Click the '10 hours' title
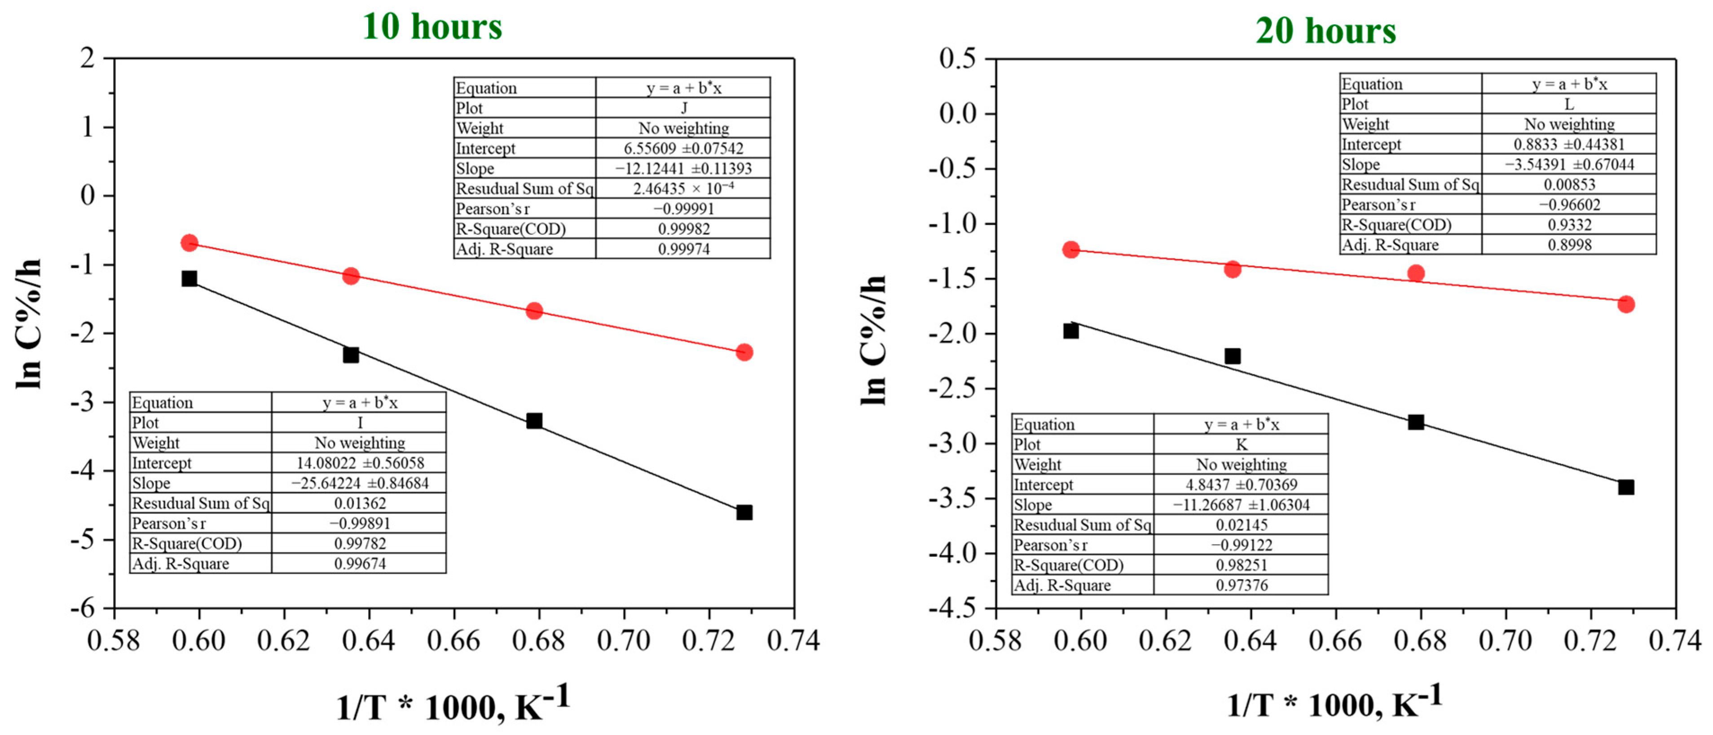point(432,26)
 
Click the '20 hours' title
point(1325,31)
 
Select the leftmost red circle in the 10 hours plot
point(189,243)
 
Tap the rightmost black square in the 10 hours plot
point(744,512)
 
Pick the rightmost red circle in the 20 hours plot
point(1626,305)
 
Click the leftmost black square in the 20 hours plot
point(1070,330)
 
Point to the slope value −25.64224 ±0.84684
point(360,483)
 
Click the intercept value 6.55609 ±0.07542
point(683,148)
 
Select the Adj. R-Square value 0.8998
point(1569,245)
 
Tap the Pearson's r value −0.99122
point(1241,545)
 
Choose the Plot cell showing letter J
point(683,108)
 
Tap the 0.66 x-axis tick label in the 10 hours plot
point(453,641)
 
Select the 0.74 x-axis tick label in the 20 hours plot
point(1674,641)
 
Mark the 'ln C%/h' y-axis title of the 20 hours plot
point(874,339)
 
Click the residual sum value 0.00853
point(1569,184)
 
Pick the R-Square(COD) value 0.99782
point(360,543)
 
